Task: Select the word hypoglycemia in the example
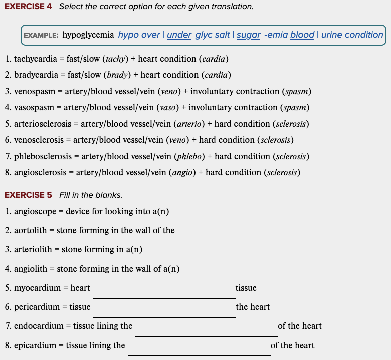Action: tap(88, 35)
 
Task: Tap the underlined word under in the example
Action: tap(179, 35)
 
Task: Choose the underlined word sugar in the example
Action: tap(248, 35)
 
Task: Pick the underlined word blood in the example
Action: tap(302, 35)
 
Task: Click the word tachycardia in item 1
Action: tap(36, 59)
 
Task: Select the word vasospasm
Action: tap(33, 107)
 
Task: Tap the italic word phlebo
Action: tap(188, 156)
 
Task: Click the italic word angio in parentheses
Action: tap(182, 172)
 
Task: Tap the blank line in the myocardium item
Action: tap(164, 297)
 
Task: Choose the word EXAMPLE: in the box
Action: tap(41, 36)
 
